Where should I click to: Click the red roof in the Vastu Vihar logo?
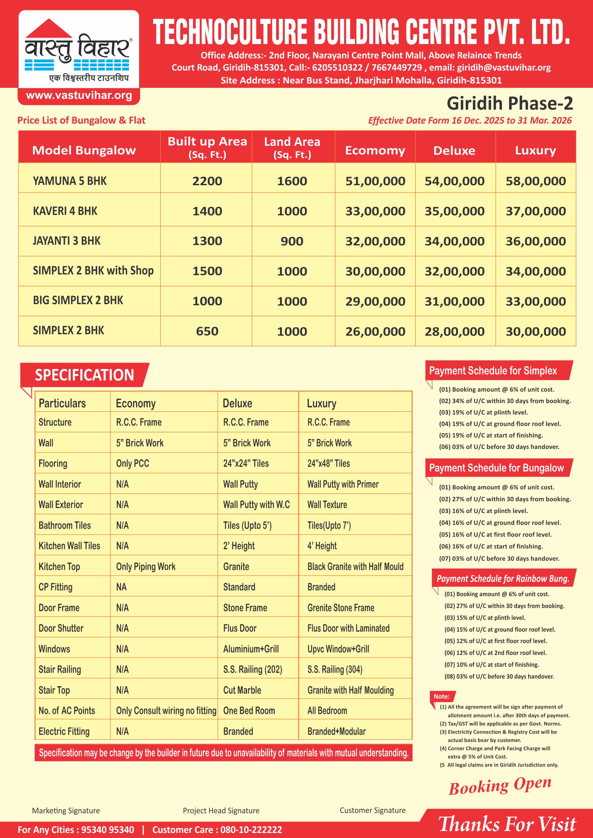(49, 28)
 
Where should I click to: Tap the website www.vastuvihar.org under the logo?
(79, 96)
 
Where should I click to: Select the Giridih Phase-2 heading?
(509, 104)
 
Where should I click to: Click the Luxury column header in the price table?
(535, 150)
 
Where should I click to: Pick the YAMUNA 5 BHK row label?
(70, 181)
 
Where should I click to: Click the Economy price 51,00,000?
(375, 181)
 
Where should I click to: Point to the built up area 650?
(207, 331)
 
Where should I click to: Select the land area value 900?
(292, 241)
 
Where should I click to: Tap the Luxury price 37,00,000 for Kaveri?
(535, 211)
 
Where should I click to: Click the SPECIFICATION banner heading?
(84, 375)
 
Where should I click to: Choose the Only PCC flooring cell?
(133, 464)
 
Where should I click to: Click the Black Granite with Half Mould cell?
(355, 566)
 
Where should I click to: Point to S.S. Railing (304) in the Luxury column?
(335, 669)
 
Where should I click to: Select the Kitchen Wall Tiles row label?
(70, 546)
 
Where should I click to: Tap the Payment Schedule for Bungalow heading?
(496, 468)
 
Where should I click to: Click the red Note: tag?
(441, 696)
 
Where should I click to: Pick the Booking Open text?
(500, 785)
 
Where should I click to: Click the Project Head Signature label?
(221, 811)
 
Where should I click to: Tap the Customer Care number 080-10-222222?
(251, 830)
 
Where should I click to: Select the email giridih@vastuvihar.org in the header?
(504, 67)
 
